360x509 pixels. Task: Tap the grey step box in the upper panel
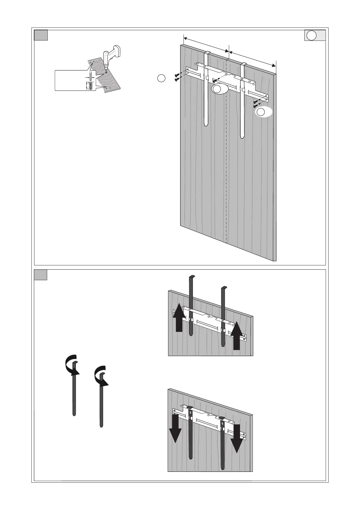tap(41, 35)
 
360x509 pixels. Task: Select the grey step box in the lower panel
tap(41, 275)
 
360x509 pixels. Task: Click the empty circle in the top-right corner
tap(312, 35)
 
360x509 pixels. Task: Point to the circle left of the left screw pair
tap(161, 78)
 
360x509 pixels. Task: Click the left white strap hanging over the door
tap(206, 91)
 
